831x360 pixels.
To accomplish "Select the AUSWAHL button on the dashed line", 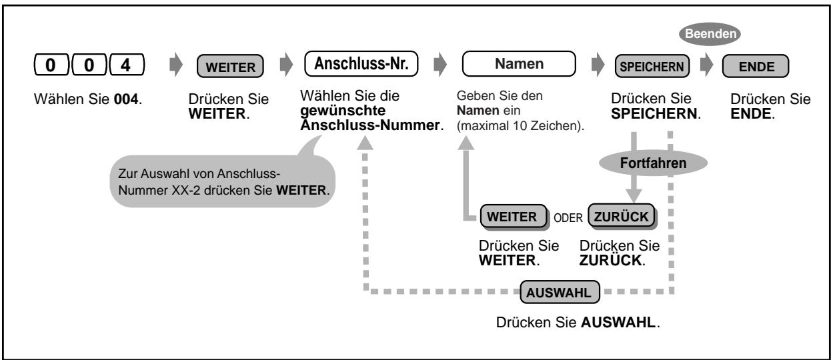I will [560, 292].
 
